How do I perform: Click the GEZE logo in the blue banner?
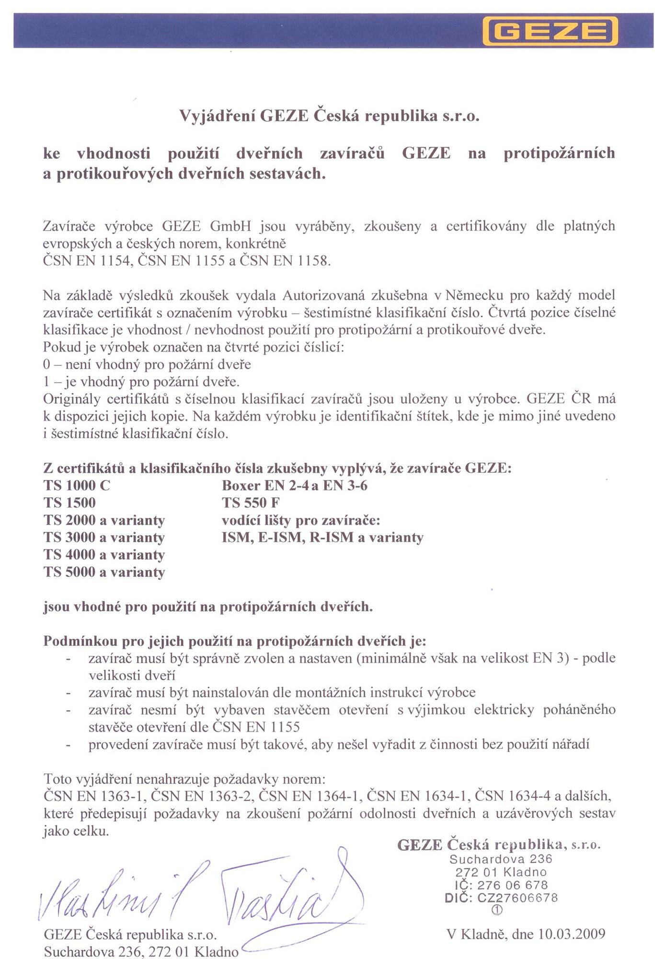click(x=550, y=31)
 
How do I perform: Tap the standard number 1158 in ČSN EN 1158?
click(x=313, y=261)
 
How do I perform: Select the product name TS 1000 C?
click(x=77, y=486)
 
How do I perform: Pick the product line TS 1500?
click(x=69, y=503)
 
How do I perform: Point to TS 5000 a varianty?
click(x=104, y=572)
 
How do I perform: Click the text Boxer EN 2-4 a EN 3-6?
click(x=294, y=486)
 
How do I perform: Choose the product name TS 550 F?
click(x=251, y=503)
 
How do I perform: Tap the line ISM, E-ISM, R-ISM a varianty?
click(x=322, y=538)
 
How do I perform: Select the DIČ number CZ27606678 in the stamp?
click(x=517, y=898)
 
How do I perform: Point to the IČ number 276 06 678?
click(x=512, y=885)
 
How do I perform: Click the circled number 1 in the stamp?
click(x=497, y=910)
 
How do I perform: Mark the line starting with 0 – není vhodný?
click(x=147, y=364)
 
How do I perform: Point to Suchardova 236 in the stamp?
click(x=501, y=859)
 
